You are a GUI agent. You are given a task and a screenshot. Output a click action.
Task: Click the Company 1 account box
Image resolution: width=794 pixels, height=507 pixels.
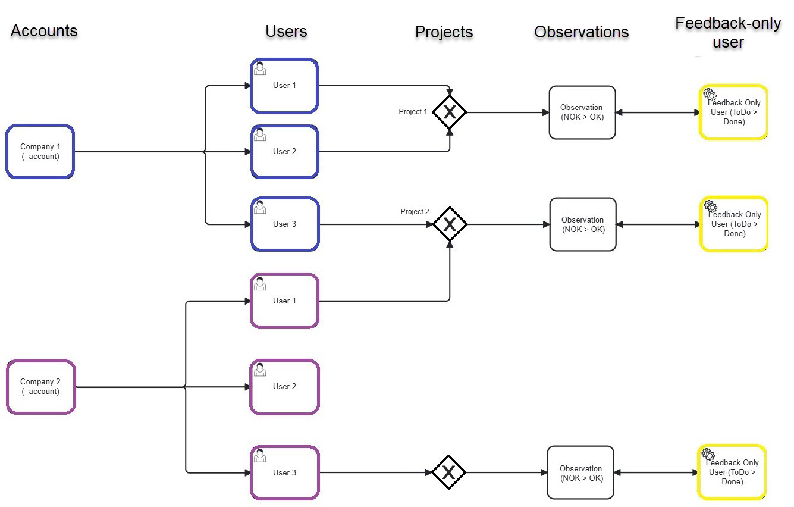(40, 152)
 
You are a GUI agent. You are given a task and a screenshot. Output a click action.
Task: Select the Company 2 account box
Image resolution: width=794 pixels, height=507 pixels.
(40, 387)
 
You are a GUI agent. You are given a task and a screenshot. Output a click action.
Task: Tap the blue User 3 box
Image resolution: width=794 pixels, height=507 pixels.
(285, 224)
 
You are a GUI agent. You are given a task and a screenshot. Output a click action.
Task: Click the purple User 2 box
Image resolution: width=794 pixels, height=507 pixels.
(284, 387)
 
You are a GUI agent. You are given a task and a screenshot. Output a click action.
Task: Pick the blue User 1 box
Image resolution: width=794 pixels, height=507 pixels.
(284, 86)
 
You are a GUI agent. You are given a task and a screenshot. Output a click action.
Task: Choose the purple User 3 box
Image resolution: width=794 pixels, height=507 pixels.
(284, 473)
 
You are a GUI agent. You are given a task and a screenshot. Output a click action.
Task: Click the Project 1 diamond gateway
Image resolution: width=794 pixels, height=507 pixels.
(450, 112)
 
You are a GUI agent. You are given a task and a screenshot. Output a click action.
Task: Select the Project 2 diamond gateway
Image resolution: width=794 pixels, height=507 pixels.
(450, 224)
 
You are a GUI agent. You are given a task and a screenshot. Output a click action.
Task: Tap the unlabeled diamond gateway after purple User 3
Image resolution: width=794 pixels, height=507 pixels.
(448, 473)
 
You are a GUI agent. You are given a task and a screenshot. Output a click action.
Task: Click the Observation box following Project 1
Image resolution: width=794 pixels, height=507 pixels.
(582, 112)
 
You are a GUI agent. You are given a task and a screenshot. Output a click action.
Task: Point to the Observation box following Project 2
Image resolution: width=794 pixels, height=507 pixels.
(583, 224)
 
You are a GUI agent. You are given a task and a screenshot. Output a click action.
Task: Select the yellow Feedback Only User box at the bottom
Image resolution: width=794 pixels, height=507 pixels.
(732, 472)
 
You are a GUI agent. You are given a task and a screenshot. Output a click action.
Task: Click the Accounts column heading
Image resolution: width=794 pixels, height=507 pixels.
(44, 31)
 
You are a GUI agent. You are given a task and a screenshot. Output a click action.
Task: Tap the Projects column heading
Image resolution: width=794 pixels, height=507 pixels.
(444, 32)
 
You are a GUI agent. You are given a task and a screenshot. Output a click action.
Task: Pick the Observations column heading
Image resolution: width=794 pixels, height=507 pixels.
(581, 32)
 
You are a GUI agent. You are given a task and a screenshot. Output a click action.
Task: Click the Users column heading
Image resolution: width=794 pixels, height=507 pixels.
(286, 32)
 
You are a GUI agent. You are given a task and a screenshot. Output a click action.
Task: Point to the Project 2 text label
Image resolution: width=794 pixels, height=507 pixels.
(415, 212)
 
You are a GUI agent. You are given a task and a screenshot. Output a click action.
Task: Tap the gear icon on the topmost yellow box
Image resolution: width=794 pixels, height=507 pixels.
(710, 94)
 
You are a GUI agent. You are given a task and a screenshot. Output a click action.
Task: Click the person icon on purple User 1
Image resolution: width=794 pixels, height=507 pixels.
(260, 284)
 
